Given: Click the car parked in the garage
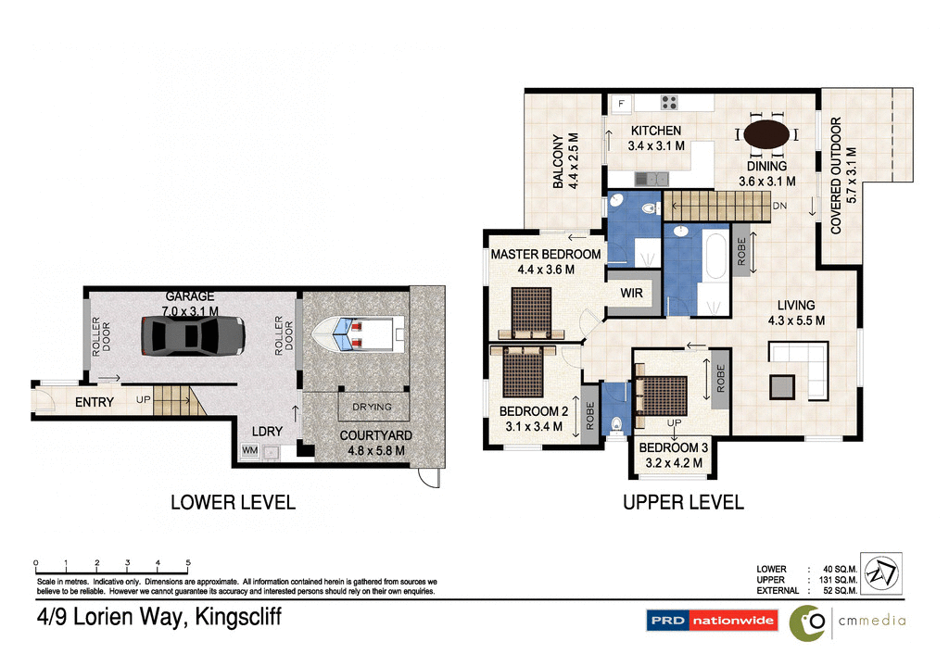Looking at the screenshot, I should pos(193,334).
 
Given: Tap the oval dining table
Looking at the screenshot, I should pos(767,133).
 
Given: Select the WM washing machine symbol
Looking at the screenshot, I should pos(249,451).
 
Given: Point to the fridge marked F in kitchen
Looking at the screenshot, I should pos(621,103).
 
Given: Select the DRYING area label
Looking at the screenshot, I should pos(371,407).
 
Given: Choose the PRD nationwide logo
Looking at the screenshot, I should pos(711,621).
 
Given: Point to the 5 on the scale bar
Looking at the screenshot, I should pos(188,563).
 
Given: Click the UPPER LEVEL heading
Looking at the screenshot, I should pos(683,503).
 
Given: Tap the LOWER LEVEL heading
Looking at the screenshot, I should pos(233,503).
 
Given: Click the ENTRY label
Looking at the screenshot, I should pos(94,402).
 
